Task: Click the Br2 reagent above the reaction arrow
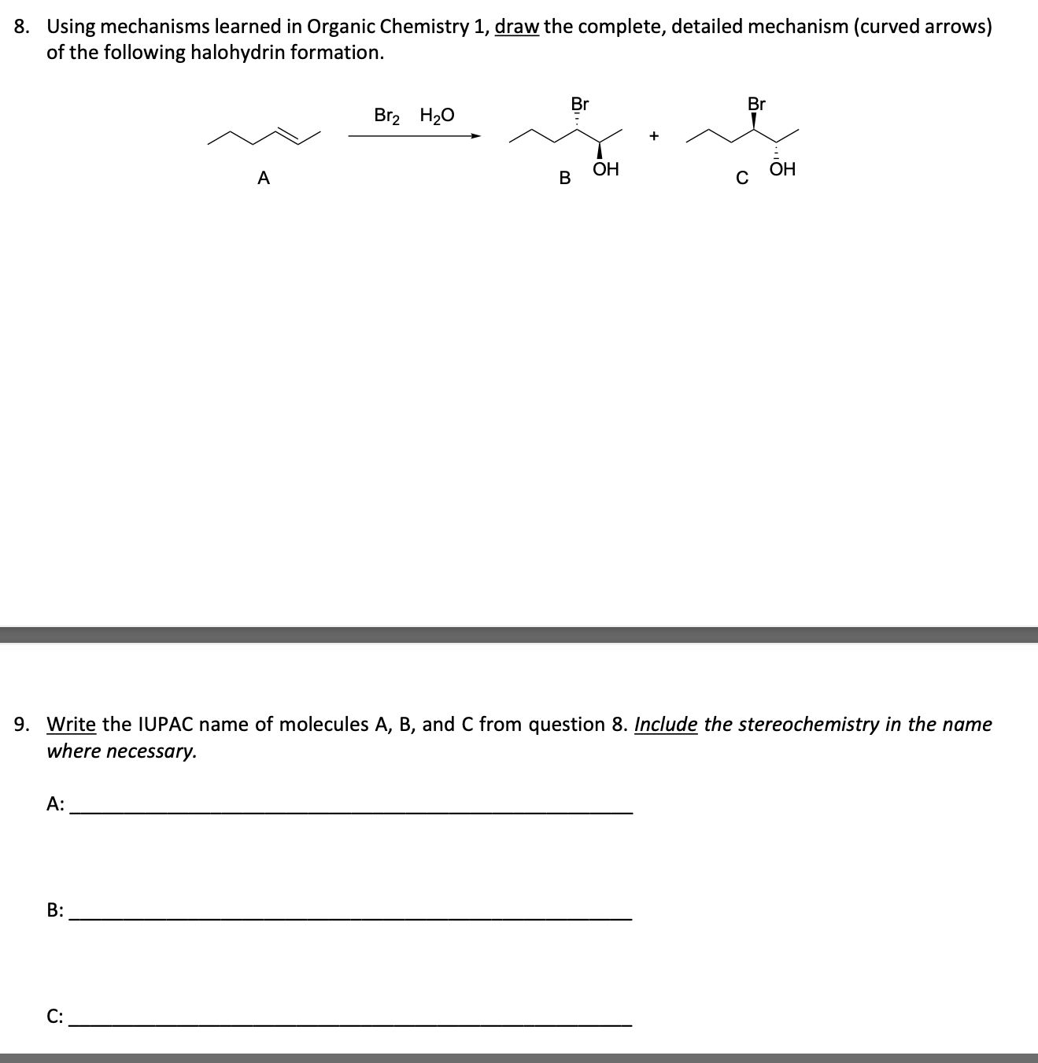click(x=387, y=116)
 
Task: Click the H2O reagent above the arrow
click(x=437, y=116)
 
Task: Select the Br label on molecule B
click(x=580, y=103)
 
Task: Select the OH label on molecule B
click(x=606, y=169)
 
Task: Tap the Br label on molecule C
click(x=756, y=103)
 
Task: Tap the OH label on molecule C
click(x=783, y=169)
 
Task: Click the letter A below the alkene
click(x=264, y=179)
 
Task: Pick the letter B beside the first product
click(x=564, y=179)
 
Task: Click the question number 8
click(x=23, y=27)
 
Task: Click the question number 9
click(x=23, y=724)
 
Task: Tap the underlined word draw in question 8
click(x=516, y=27)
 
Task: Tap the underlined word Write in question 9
click(x=72, y=724)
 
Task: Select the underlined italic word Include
click(x=665, y=724)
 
